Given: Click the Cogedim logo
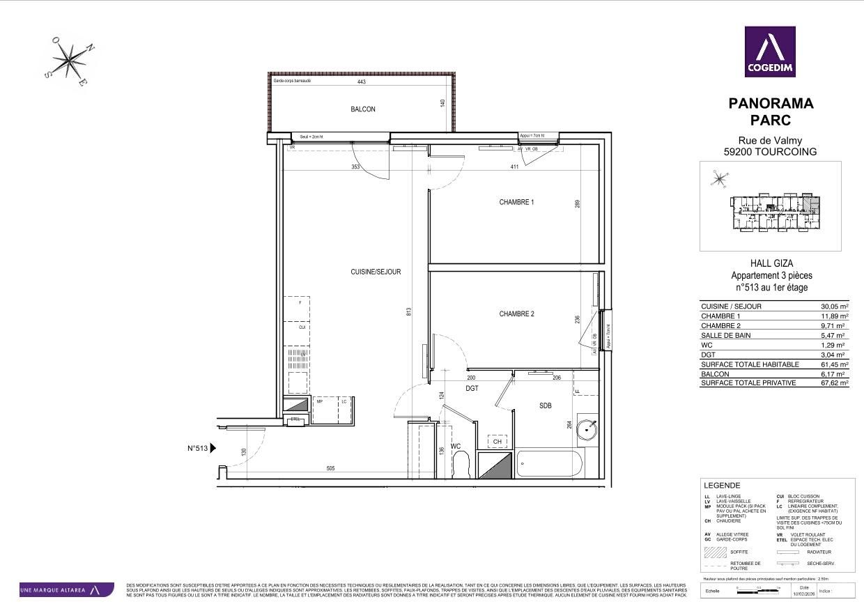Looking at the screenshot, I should click(x=770, y=52).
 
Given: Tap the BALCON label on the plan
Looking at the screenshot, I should click(x=362, y=109).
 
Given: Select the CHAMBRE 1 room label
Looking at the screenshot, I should click(x=516, y=202).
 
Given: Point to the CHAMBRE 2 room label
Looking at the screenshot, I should click(x=516, y=314).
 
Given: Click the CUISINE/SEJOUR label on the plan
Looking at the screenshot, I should click(x=376, y=272).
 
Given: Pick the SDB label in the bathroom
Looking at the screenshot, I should click(x=545, y=405).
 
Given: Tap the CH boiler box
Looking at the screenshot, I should click(x=497, y=442).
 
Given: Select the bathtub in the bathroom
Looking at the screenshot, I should click(x=549, y=464).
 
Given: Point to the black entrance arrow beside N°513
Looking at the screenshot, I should click(x=213, y=449).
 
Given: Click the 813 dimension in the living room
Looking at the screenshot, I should click(x=409, y=311).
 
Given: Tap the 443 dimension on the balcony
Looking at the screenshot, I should click(x=361, y=82).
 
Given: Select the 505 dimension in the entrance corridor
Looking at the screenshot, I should click(x=330, y=469).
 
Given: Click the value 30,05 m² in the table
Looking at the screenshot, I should click(x=834, y=307).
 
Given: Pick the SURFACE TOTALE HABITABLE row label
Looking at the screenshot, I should click(x=750, y=364).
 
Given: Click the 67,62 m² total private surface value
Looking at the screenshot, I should click(x=834, y=383).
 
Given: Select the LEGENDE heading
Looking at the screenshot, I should click(x=723, y=486).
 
